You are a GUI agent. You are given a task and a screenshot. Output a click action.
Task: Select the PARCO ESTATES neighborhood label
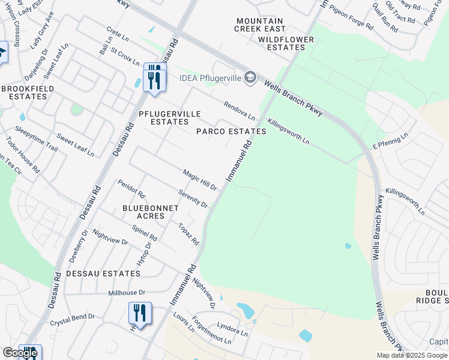[231, 131]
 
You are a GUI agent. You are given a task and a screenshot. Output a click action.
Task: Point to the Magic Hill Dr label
[200, 180]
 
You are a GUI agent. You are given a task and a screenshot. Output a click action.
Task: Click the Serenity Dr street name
[193, 199]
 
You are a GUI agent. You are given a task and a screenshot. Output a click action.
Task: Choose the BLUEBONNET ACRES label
[150, 212]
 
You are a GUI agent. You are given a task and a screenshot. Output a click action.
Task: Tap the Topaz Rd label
[188, 234]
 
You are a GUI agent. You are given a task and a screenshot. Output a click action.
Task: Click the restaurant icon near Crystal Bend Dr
[139, 313]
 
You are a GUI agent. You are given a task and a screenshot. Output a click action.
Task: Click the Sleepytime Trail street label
[36, 139]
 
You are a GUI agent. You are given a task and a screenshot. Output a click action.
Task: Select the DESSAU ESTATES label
[103, 274]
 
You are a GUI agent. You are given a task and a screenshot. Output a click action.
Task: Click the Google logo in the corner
[20, 353]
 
